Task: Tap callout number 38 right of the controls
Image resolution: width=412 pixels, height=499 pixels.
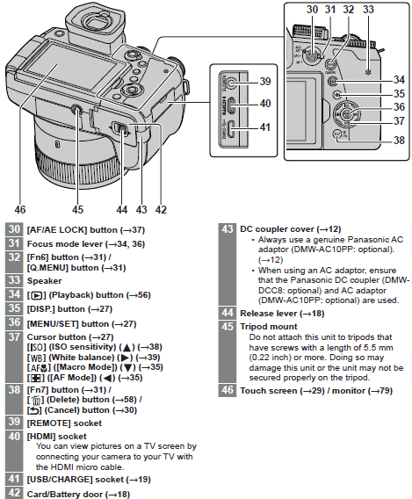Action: [x=400, y=139]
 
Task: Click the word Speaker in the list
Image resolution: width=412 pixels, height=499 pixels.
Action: [x=47, y=280]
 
